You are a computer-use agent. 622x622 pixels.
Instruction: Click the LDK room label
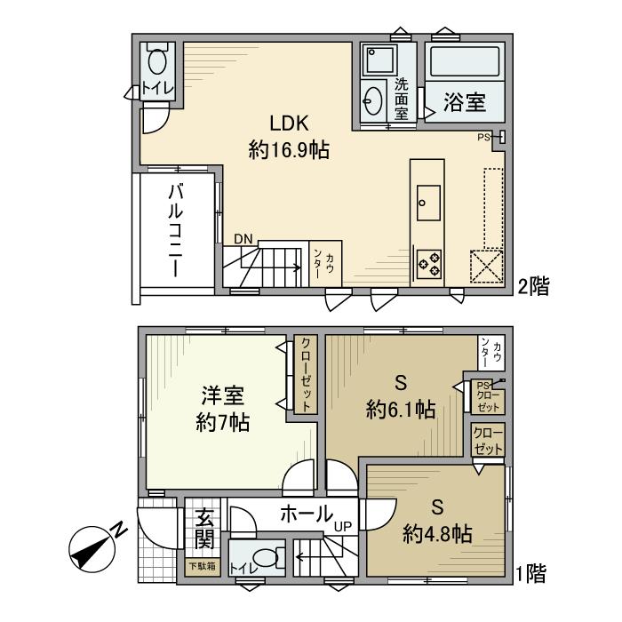[x=289, y=123]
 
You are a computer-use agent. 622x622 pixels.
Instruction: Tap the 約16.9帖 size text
[x=289, y=150]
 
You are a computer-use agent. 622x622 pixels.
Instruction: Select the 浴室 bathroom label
[x=464, y=102]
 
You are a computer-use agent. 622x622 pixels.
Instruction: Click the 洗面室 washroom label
[x=402, y=100]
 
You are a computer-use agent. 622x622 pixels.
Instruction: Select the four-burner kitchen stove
[x=429, y=261]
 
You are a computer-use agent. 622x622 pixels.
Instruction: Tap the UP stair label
[x=343, y=527]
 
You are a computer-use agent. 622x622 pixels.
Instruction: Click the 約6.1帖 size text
[x=401, y=410]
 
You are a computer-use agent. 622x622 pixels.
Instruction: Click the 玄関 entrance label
[x=203, y=527]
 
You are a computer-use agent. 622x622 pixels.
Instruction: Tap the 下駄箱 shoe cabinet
[x=201, y=565]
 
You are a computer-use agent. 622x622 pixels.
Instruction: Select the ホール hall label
[x=307, y=513]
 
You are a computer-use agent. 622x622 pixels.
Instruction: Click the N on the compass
[x=119, y=530]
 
